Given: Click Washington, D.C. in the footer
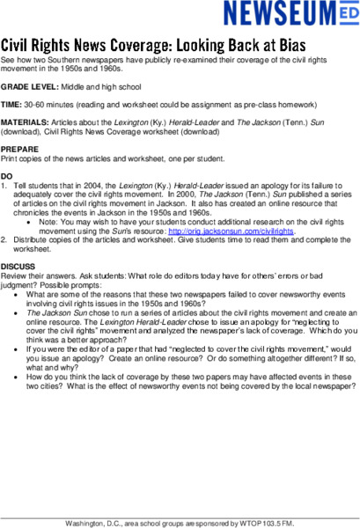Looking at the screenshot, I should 94,523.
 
